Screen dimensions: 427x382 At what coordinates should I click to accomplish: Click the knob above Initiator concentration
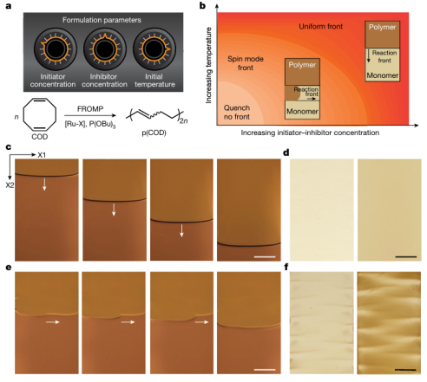pyautogui.click(x=56, y=49)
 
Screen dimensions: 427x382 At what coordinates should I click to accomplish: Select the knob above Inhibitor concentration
pyautogui.click(x=105, y=49)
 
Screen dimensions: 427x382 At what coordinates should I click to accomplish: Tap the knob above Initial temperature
pyautogui.click(x=154, y=49)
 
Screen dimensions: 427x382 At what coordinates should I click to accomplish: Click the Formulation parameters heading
pyautogui.click(x=102, y=20)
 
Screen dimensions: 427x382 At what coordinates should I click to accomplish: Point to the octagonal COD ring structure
pyautogui.click(x=40, y=114)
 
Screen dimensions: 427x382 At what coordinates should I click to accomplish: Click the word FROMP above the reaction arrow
pyautogui.click(x=90, y=109)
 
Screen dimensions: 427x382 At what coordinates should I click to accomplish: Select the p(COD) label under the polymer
pyautogui.click(x=154, y=133)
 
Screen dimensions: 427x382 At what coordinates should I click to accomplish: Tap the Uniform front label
pyautogui.click(x=320, y=27)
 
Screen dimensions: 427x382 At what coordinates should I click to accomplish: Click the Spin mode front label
pyautogui.click(x=246, y=63)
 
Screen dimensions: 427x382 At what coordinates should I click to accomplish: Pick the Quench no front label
pyautogui.click(x=237, y=113)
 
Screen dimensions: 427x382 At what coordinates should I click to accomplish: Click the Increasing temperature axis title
pyautogui.click(x=208, y=65)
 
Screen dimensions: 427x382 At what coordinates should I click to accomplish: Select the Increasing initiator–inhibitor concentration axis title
pyautogui.click(x=310, y=133)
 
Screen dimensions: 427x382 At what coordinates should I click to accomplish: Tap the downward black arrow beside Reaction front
pyautogui.click(x=369, y=56)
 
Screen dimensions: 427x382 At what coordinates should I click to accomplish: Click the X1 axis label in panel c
pyautogui.click(x=42, y=155)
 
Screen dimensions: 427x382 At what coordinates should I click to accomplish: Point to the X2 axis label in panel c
pyautogui.click(x=10, y=185)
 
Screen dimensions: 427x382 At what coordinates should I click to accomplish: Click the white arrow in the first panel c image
pyautogui.click(x=44, y=185)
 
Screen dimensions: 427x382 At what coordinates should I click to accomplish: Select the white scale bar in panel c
pyautogui.click(x=265, y=256)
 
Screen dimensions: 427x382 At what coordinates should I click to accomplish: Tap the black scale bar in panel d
pyautogui.click(x=406, y=256)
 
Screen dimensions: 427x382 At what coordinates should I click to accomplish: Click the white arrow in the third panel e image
pyautogui.click(x=201, y=322)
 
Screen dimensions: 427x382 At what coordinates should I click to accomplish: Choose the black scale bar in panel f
pyautogui.click(x=405, y=370)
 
